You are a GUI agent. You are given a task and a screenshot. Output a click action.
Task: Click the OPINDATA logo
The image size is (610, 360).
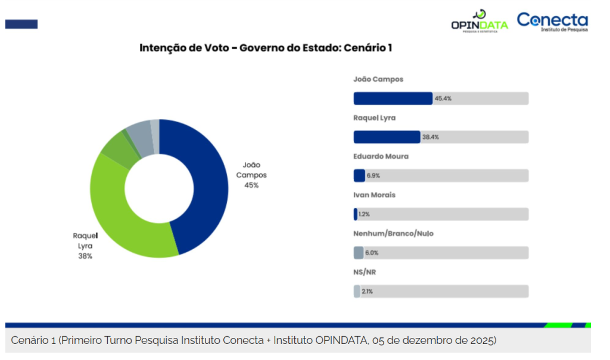(x=479, y=21)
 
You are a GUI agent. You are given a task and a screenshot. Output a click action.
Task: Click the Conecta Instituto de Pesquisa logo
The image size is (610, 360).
(x=552, y=21)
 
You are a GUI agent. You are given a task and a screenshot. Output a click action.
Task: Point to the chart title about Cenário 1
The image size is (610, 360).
(x=265, y=48)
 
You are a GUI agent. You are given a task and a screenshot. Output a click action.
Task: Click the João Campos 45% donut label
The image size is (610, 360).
(x=251, y=175)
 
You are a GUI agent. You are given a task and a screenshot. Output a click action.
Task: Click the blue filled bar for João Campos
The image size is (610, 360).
(x=393, y=98)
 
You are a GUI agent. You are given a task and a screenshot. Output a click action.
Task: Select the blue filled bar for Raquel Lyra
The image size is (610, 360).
(x=387, y=137)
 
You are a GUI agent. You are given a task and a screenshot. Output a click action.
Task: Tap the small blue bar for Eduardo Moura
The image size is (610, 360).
(x=359, y=176)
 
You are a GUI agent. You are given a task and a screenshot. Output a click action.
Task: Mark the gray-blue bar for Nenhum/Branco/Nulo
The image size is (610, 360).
(x=358, y=253)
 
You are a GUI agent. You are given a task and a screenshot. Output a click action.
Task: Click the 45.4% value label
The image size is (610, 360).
(x=443, y=98)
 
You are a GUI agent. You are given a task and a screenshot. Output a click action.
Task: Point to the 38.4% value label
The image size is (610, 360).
(x=431, y=137)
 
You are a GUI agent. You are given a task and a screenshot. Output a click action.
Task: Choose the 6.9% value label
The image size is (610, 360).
(x=373, y=176)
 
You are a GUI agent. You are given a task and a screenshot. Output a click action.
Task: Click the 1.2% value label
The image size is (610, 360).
(x=364, y=214)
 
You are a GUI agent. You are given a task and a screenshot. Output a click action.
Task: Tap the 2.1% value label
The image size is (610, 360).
(x=367, y=291)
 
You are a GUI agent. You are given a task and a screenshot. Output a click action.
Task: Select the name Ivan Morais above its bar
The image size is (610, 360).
(x=374, y=195)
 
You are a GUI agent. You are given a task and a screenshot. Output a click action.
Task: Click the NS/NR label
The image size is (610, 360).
(x=365, y=272)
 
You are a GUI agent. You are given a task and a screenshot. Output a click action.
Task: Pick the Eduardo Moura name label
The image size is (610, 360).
(x=381, y=156)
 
